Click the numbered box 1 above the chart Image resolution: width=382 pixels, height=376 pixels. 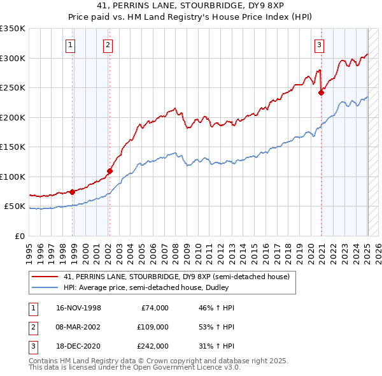click(x=69, y=45)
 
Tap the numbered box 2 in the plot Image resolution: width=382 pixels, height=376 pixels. click(x=108, y=45)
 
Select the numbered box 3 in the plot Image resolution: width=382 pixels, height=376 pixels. click(x=319, y=45)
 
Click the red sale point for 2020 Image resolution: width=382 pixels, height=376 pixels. click(x=321, y=92)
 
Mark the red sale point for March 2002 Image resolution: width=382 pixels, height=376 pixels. click(x=110, y=171)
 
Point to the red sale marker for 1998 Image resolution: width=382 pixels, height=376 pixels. click(x=73, y=191)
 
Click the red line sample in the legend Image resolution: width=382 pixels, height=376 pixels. click(x=45, y=277)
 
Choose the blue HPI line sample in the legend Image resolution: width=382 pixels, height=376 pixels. click(x=45, y=287)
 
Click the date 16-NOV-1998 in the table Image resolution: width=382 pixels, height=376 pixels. click(x=78, y=308)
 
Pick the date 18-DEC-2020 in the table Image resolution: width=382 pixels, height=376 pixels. click(x=78, y=346)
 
